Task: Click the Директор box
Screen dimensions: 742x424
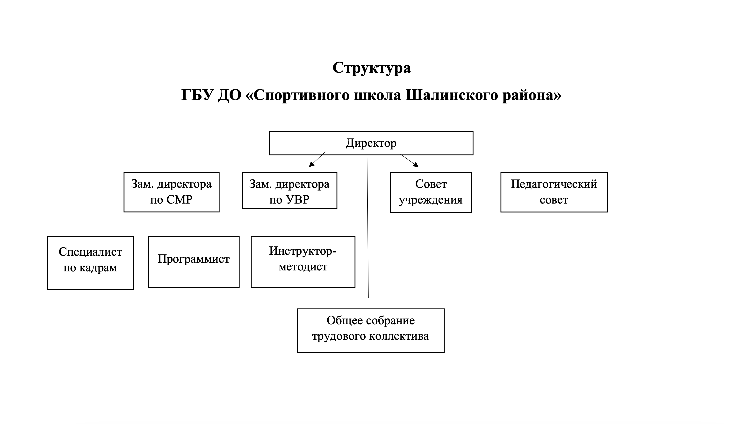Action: (x=371, y=143)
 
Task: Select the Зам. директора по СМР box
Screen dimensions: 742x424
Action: (x=171, y=192)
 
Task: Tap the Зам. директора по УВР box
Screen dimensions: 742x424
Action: (x=289, y=191)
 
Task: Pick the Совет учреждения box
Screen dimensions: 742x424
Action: (x=431, y=192)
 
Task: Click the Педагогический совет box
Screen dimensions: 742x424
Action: (x=554, y=192)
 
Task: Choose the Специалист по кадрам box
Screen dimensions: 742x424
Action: (x=90, y=263)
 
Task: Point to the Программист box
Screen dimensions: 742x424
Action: (x=194, y=262)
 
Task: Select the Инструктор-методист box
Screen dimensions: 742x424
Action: (x=303, y=262)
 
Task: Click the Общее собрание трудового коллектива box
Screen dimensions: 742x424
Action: (x=371, y=331)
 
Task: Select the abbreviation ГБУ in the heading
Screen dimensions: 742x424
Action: (x=197, y=95)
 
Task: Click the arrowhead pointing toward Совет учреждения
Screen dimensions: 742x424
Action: (x=416, y=164)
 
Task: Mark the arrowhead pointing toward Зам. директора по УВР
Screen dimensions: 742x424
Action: (x=311, y=164)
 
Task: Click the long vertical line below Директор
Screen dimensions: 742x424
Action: (x=368, y=228)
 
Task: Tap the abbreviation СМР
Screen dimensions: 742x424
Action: (x=180, y=200)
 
